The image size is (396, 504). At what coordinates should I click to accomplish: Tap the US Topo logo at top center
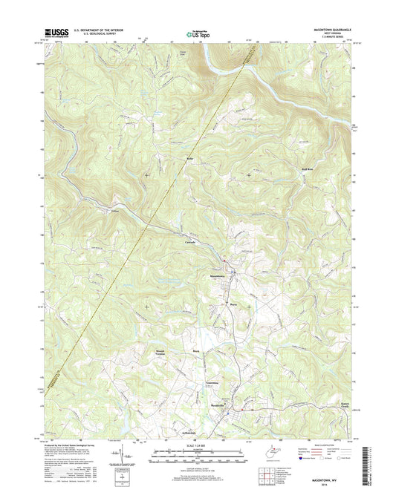click(197, 32)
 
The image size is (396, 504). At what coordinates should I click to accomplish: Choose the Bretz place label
click(233, 304)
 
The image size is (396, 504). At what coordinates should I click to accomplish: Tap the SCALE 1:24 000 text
click(196, 447)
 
